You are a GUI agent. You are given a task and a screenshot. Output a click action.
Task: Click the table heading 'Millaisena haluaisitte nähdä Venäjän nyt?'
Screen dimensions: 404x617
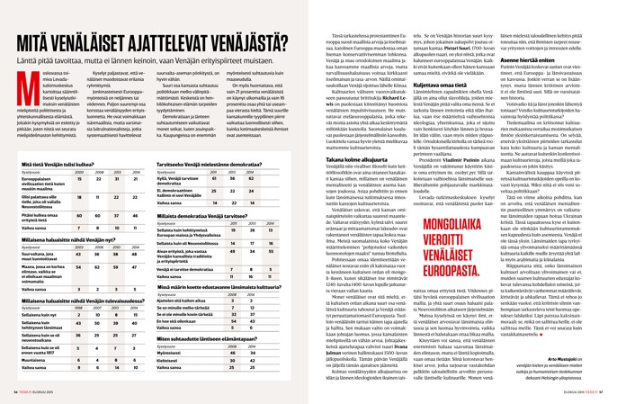pos(64,241)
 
